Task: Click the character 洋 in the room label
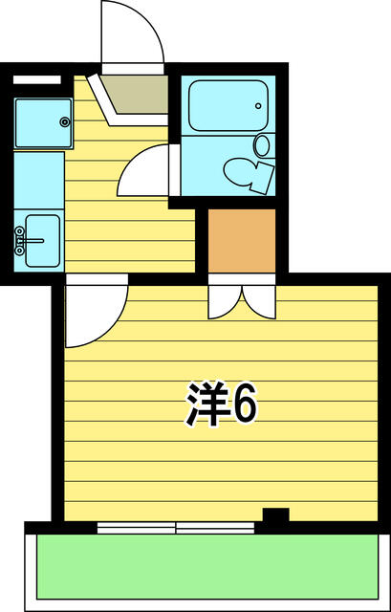206,407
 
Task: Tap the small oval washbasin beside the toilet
262,145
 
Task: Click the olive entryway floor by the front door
136,93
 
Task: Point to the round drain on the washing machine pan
64,121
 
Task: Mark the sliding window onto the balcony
177,526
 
